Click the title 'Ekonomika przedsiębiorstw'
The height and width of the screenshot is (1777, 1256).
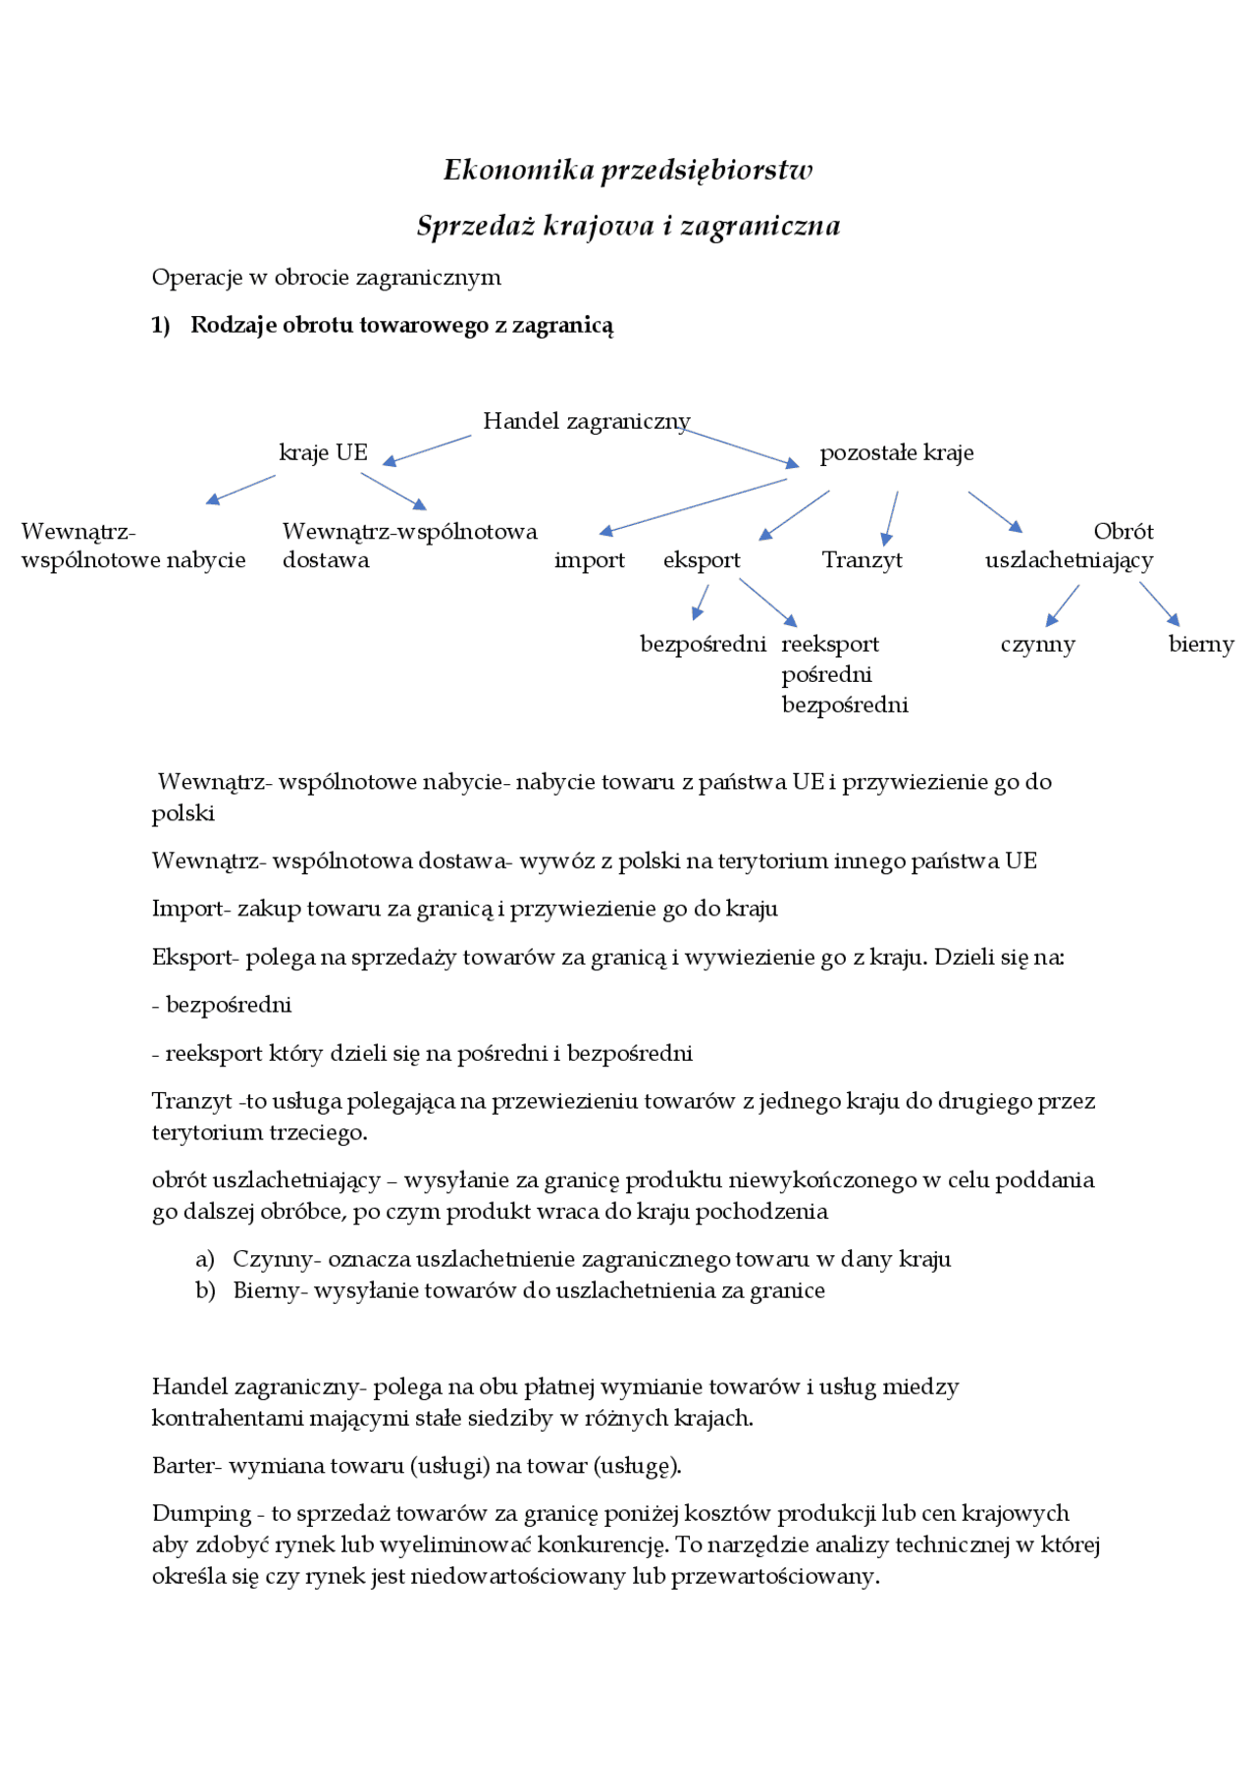point(628,170)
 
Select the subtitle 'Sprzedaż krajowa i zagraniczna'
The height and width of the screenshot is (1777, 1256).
point(628,226)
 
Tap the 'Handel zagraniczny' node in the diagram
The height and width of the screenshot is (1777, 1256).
point(586,421)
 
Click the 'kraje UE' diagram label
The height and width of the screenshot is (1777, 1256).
point(323,452)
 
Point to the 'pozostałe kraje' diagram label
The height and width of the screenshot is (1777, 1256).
point(896,452)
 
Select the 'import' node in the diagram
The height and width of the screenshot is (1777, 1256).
point(589,560)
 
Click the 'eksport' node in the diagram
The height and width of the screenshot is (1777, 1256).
point(702,560)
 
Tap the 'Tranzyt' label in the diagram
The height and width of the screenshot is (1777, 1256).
point(862,560)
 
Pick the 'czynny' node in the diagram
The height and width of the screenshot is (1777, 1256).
point(1037,645)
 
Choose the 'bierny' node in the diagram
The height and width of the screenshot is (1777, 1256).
point(1200,645)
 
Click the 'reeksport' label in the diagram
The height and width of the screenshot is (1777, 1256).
point(830,645)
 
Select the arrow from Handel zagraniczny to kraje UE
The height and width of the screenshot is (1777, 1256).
point(428,449)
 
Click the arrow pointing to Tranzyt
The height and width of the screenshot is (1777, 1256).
point(891,517)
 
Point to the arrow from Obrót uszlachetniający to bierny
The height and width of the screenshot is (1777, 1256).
point(1159,603)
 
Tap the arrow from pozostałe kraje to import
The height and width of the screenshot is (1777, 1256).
point(693,506)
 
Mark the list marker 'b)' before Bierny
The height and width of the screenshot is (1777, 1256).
point(205,1290)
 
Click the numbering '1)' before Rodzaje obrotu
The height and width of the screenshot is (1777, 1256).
point(161,326)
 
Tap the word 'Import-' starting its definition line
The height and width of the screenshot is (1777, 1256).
point(190,909)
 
